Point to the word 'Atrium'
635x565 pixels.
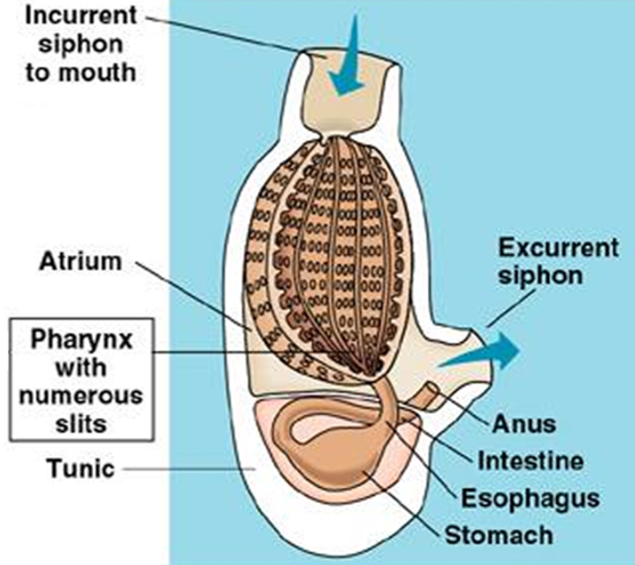coord(80,262)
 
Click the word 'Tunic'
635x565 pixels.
coord(80,469)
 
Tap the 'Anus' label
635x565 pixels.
coord(523,424)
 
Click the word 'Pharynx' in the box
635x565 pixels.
coord(81,339)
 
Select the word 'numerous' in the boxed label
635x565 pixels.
coord(80,396)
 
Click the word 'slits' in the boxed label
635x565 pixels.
coord(80,423)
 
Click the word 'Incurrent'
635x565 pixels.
coord(80,15)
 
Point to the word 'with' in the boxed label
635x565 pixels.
coord(80,368)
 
